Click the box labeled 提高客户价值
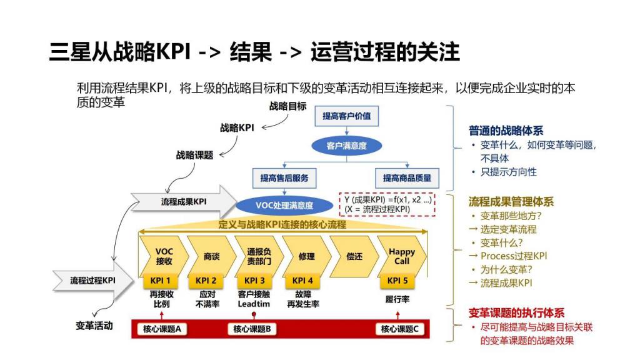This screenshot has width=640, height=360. [346, 116]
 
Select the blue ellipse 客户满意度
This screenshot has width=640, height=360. [346, 146]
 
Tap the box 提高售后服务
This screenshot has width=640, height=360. [284, 178]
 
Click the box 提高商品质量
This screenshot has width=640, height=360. [407, 178]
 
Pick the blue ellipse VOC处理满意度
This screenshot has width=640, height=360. [284, 205]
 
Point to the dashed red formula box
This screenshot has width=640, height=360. [387, 204]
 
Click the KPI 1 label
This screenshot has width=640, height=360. [160, 281]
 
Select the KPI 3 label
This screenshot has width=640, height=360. [254, 281]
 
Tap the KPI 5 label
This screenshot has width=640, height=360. [397, 281]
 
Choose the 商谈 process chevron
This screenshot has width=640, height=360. [211, 256]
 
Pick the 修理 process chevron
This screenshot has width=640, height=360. [306, 256]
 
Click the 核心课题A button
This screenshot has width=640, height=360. [162, 329]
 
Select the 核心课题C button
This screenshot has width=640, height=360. [399, 329]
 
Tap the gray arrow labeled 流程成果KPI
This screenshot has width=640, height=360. [184, 202]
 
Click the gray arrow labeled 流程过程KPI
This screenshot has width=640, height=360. [93, 281]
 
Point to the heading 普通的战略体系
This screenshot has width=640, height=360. [506, 131]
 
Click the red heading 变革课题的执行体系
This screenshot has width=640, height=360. [516, 313]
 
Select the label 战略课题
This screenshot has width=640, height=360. [195, 155]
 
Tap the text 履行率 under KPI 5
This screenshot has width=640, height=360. [397, 299]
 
